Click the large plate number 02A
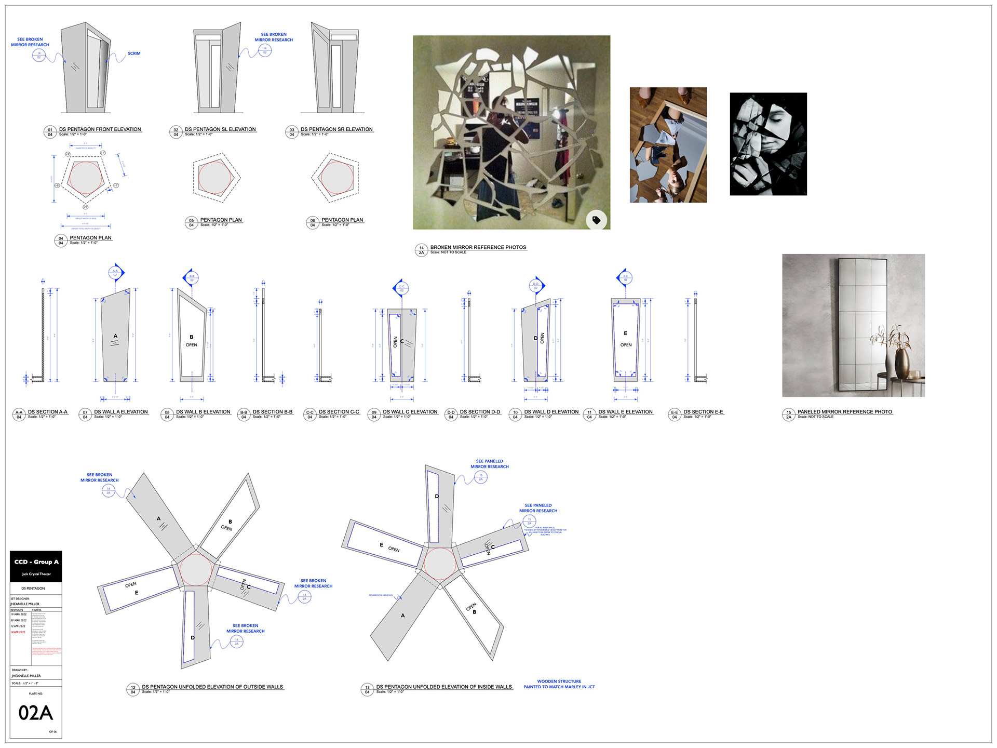pos(35,713)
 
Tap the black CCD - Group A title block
pos(36,566)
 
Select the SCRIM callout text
pos(134,54)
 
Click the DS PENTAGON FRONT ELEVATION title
pos(100,129)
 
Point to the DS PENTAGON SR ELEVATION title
pos(336,129)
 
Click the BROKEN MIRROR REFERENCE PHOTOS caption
pos(478,247)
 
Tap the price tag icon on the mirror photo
pos(596,220)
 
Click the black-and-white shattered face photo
pos(768,144)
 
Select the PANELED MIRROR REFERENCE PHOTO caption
pos(844,412)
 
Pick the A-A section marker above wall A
pos(115,272)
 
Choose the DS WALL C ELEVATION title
pos(410,412)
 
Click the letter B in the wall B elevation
pos(191,337)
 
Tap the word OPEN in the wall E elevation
pos(626,345)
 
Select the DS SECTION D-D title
pos(480,412)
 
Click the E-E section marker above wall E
pos(625,277)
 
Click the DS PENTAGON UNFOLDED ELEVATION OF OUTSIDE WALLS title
pos(212,687)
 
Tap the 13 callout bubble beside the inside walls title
pos(367,689)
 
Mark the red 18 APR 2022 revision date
pos(18,632)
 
